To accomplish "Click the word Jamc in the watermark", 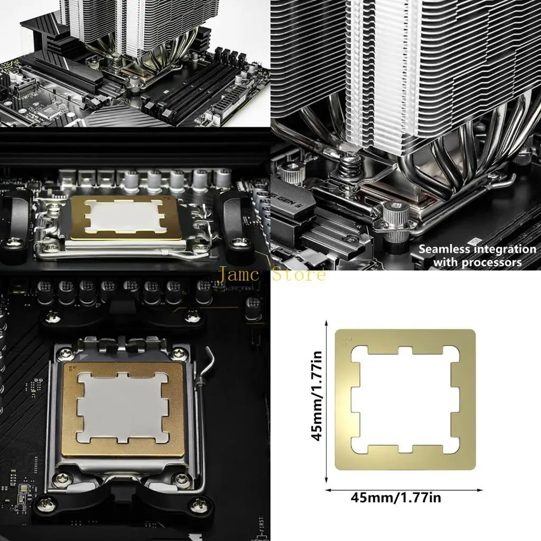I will click(239, 275).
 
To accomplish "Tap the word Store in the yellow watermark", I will click(299, 275).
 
